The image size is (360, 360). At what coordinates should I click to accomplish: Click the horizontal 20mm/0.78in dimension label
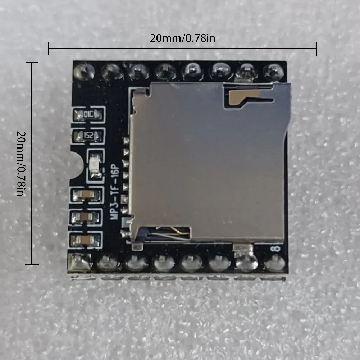[x=182, y=38]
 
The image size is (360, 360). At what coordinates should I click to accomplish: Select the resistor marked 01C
[x=88, y=115]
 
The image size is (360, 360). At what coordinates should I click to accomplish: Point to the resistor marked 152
[x=88, y=136]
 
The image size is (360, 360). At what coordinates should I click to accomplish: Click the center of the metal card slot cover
[x=209, y=162]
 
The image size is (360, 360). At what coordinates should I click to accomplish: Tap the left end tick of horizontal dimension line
[x=49, y=48]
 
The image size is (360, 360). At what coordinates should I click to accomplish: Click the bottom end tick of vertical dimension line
[x=32, y=265]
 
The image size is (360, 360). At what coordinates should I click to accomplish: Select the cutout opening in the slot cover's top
[x=248, y=98]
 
